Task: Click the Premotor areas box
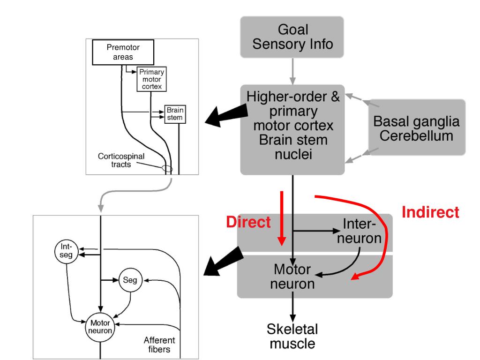tap(123, 52)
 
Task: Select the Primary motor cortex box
tap(151, 79)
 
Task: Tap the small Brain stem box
tap(175, 114)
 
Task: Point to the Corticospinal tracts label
tap(121, 160)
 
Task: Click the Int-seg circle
tap(66, 251)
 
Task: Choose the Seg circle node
tap(130, 280)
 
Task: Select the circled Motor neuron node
tap(100, 327)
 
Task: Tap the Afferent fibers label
tap(159, 345)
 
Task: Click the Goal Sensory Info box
tap(292, 37)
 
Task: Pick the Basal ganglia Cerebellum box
tap(416, 127)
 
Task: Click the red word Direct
tap(248, 222)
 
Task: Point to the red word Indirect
tap(430, 212)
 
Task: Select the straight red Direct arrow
tap(282, 218)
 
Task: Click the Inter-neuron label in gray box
tap(359, 231)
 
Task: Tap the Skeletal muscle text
tap(292, 336)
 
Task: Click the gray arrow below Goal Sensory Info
tap(292, 71)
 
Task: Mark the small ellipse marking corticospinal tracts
tap(167, 168)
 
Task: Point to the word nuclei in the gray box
tap(293, 154)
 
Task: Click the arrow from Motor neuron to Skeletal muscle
tap(292, 307)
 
